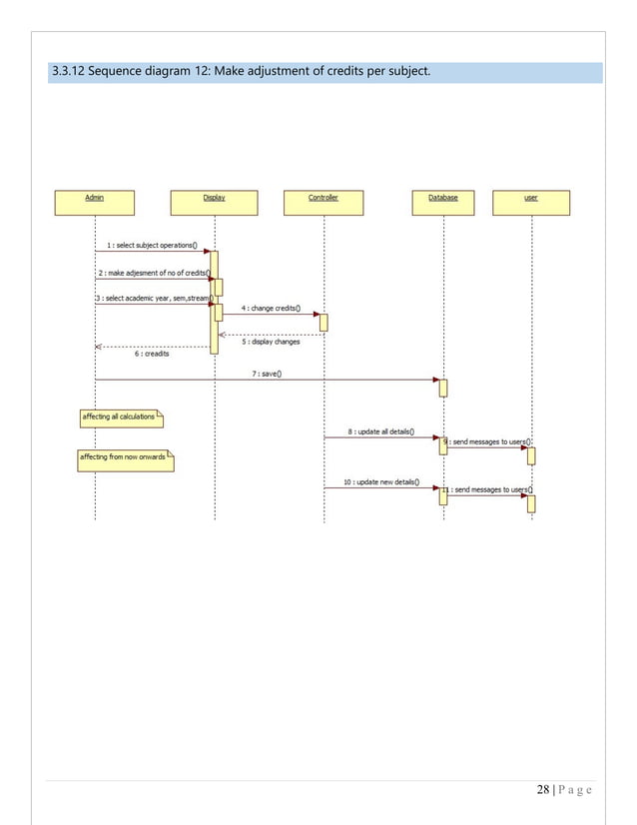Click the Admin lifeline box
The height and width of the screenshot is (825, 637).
pos(95,203)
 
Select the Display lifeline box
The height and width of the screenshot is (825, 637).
pos(214,203)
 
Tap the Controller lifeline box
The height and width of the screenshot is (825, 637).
pos(323,203)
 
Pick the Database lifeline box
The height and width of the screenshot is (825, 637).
pos(443,203)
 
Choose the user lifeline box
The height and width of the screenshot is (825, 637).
pos(531,203)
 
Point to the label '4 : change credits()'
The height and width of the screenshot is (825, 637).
pos(272,309)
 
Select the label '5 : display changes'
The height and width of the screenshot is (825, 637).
pos(272,342)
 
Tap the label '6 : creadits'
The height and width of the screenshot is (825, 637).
pos(152,353)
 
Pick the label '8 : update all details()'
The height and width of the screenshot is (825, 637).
pos(381,432)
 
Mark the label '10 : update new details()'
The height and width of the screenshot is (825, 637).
pos(381,481)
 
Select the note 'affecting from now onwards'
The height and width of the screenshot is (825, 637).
pos(125,458)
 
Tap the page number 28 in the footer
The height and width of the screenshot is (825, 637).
pos(542,789)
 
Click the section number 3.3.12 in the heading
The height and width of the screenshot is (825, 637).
pos(73,72)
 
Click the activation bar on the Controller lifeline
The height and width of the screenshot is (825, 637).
pos(323,322)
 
